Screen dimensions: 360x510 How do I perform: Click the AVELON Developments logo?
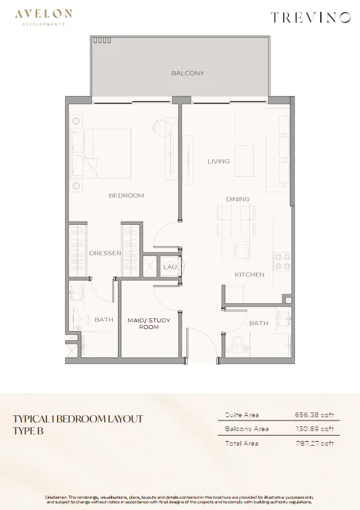(x=43, y=17)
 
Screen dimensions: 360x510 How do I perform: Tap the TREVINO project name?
(x=310, y=17)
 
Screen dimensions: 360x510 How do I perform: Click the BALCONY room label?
(x=188, y=73)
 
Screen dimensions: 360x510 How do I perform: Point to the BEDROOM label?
(x=126, y=196)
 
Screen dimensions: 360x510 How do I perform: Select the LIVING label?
(x=219, y=161)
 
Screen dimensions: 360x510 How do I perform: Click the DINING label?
(x=238, y=199)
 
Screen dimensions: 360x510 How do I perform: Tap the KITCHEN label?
(x=249, y=275)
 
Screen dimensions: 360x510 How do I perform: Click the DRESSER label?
(x=105, y=253)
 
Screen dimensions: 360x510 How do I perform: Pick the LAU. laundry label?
(x=171, y=267)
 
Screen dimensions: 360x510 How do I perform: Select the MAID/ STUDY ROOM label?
(x=149, y=324)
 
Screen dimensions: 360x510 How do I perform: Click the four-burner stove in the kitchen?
(x=282, y=262)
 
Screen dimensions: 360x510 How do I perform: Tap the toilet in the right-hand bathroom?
(x=238, y=346)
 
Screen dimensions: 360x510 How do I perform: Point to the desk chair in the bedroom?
(x=160, y=126)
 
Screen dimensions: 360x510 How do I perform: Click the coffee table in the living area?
(x=244, y=156)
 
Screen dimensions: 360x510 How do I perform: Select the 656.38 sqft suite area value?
(x=314, y=414)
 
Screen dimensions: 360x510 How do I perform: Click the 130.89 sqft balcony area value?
(x=314, y=428)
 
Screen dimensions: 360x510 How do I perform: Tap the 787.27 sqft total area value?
(x=315, y=443)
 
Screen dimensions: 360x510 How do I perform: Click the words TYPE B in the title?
(x=29, y=431)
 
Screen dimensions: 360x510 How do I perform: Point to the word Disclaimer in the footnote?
(x=56, y=497)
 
